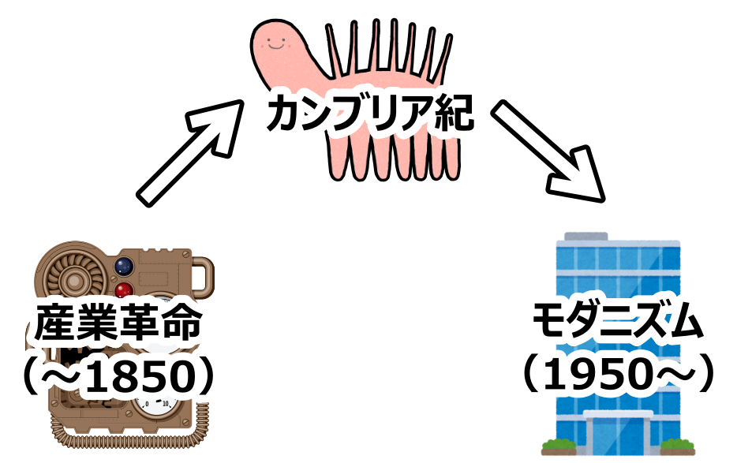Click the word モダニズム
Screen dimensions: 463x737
615,322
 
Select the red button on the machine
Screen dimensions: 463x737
124,289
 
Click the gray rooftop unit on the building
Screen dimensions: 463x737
585,235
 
